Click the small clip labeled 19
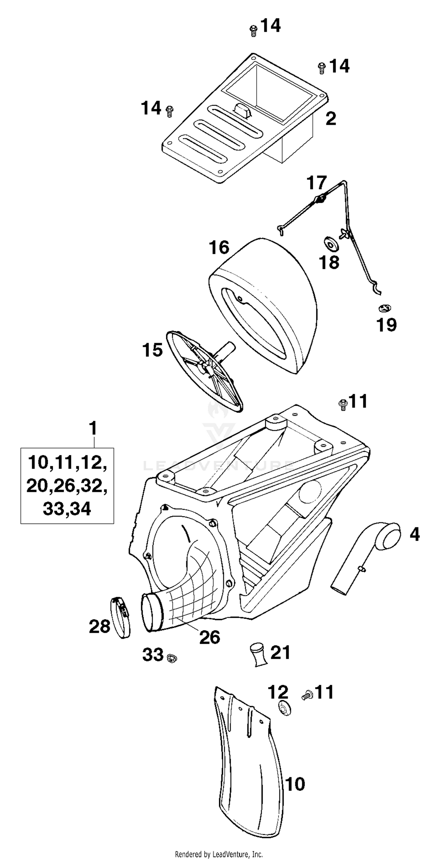pyautogui.click(x=385, y=308)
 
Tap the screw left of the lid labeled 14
pyautogui.click(x=170, y=111)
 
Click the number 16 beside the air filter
pyautogui.click(x=219, y=248)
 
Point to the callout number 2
pyautogui.click(x=331, y=119)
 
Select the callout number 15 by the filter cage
pyautogui.click(x=152, y=350)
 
